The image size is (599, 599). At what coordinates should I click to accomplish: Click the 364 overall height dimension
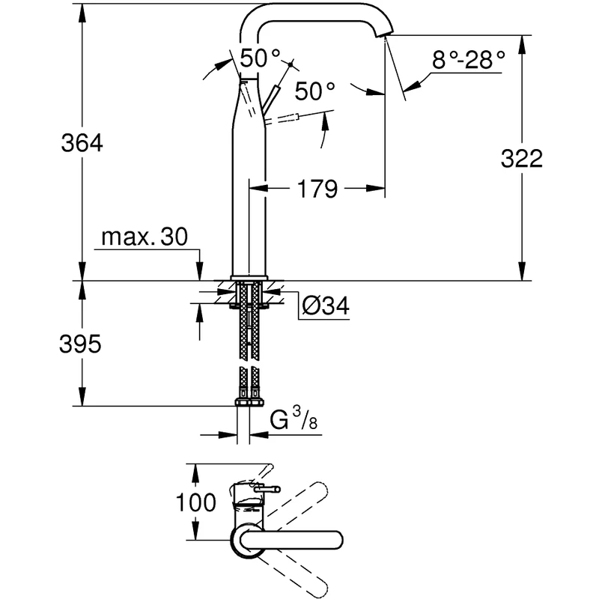coord(82,143)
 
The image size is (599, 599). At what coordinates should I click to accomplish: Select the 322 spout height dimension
coord(523,159)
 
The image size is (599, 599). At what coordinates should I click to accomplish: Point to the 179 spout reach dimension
coord(314,189)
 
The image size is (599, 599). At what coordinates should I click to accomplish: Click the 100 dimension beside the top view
coord(197,502)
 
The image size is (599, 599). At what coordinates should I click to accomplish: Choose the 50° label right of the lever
coord(314,91)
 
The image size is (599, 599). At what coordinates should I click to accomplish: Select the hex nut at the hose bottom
coord(248,402)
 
